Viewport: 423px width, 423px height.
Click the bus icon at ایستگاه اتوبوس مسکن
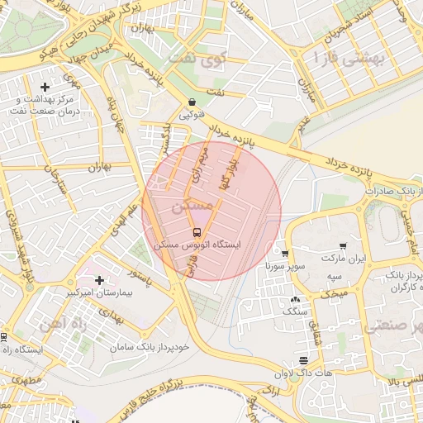[197, 232]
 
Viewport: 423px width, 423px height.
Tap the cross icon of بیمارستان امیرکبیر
[100, 280]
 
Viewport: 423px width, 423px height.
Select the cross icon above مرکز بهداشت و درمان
[45, 87]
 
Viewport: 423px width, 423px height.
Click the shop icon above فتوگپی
[192, 102]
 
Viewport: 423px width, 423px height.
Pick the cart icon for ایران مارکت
[342, 245]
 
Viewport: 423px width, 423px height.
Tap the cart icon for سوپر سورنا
[285, 254]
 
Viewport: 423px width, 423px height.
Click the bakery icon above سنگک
[295, 299]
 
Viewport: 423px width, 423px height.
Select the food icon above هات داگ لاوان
[305, 360]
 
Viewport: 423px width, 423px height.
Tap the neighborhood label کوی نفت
[195, 59]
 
